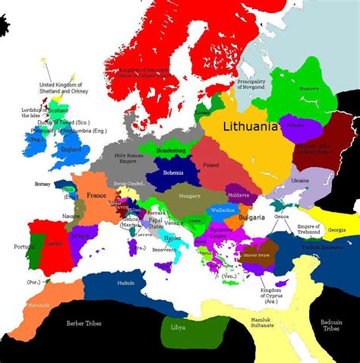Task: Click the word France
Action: point(96,195)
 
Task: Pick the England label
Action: point(71,150)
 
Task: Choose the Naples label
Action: point(173,238)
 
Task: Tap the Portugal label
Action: point(14,247)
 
